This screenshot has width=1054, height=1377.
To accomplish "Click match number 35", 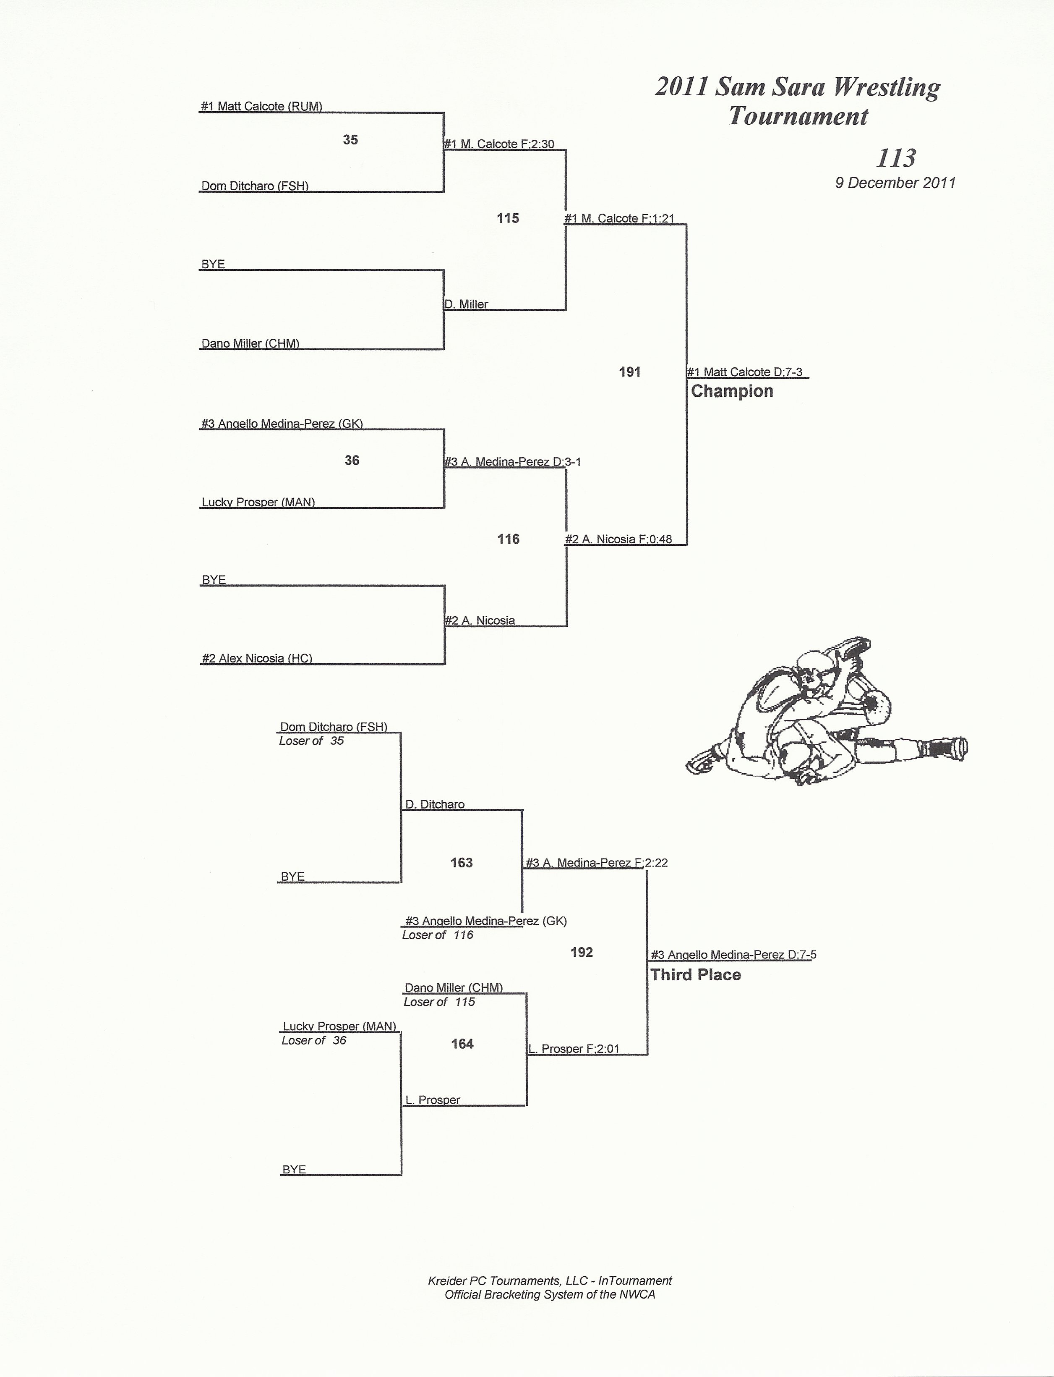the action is (x=350, y=140).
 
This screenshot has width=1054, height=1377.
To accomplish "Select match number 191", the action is (x=629, y=372).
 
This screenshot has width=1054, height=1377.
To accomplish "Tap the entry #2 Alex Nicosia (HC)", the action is (x=257, y=658).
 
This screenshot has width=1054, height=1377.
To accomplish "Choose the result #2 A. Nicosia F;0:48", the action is (x=618, y=539).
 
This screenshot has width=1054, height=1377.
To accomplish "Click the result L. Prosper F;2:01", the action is (x=574, y=1049).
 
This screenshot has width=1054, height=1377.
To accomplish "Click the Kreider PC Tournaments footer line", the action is (x=550, y=1280).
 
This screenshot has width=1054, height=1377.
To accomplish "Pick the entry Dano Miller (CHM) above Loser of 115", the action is (x=454, y=987).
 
